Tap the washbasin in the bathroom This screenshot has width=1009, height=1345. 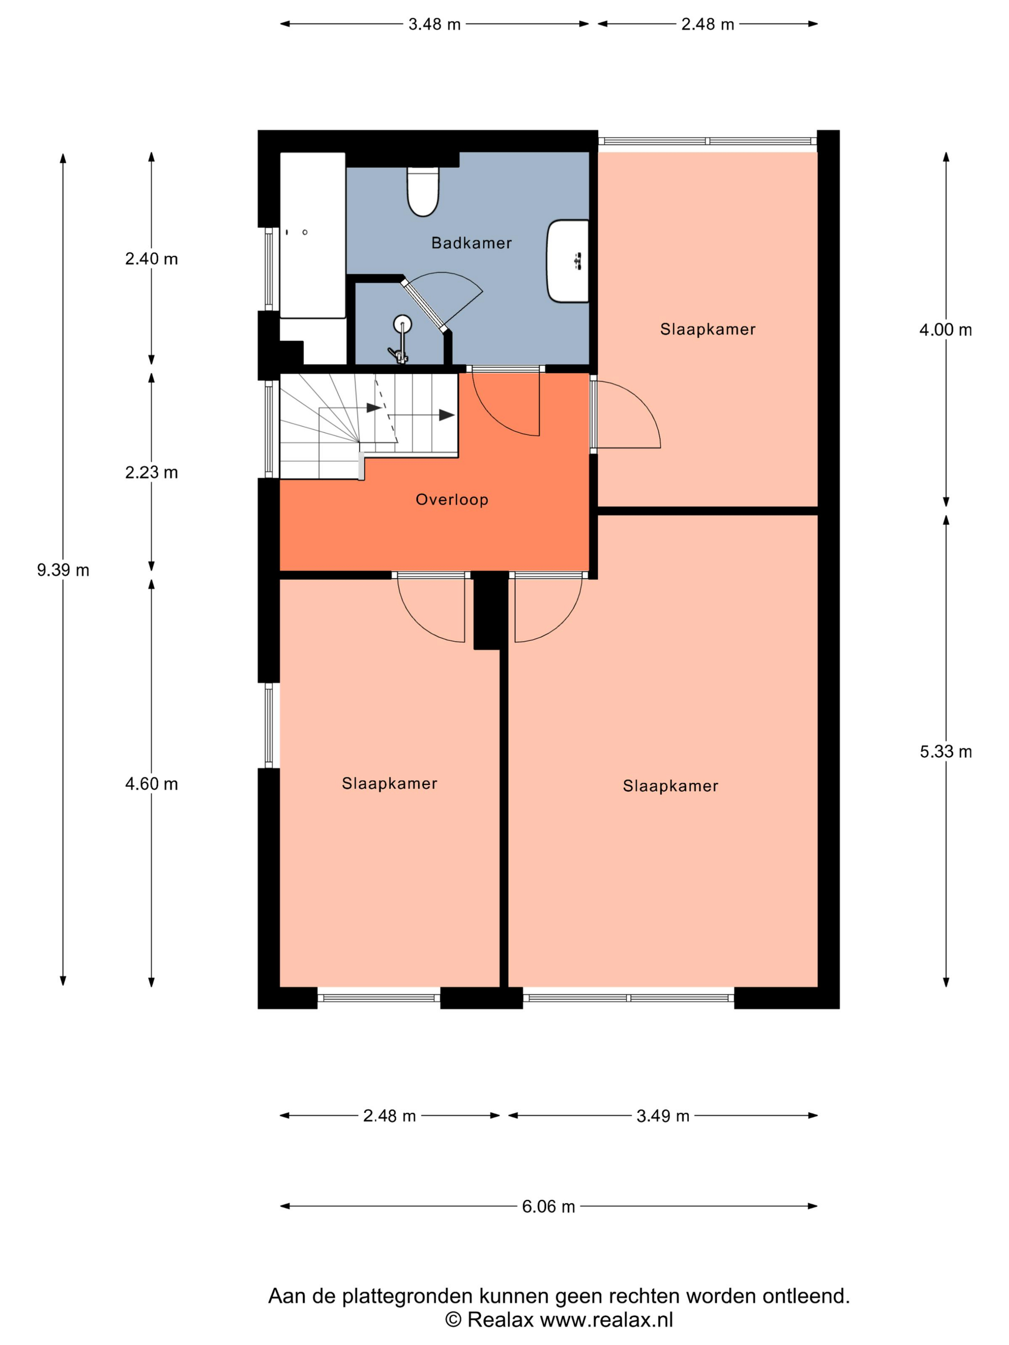567,261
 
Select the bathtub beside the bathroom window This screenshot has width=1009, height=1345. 313,235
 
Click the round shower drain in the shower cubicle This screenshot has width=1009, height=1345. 402,323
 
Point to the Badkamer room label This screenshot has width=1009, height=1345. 471,243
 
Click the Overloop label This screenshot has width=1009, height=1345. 452,500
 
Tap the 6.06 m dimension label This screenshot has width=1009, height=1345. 548,1206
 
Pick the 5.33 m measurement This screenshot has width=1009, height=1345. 946,752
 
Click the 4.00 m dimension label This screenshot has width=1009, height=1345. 946,330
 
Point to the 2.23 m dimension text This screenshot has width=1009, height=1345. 151,473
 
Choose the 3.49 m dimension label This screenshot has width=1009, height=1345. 663,1116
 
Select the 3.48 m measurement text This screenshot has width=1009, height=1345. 434,24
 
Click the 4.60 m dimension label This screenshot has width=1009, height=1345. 151,784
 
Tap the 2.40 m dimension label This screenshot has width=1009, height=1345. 151,259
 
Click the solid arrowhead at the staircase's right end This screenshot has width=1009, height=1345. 447,416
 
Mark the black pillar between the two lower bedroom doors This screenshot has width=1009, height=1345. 490,610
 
